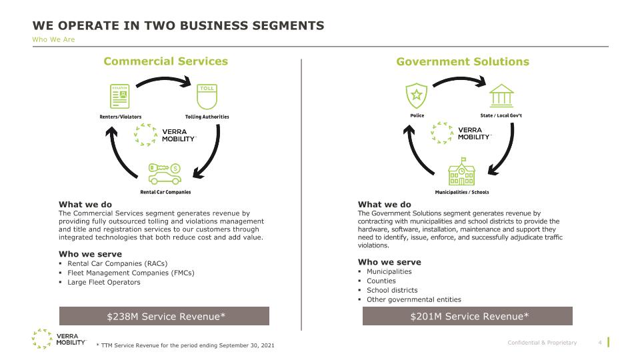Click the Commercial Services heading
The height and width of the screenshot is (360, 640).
point(166,61)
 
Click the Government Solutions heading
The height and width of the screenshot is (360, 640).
point(463,61)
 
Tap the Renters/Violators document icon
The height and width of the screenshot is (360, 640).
point(119,96)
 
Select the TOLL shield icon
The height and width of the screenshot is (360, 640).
point(207,97)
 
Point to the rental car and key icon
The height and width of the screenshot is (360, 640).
point(165,174)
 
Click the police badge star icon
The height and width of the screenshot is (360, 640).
point(416,95)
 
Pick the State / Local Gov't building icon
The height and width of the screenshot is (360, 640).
point(501,96)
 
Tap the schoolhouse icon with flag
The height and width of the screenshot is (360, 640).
point(461,171)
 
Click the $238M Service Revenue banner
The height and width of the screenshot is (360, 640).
point(164,316)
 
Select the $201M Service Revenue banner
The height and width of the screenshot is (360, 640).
point(467,316)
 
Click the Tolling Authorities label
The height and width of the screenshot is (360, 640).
point(207,117)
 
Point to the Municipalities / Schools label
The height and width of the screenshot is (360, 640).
point(461,192)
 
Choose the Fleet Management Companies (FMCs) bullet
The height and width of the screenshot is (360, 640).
point(131,273)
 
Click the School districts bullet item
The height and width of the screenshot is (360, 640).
point(392,290)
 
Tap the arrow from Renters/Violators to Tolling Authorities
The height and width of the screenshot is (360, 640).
point(163,80)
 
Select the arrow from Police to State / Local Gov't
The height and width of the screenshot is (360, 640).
point(459,81)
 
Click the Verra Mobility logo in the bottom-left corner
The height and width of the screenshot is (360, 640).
point(59,339)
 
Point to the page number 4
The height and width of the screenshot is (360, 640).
point(600,343)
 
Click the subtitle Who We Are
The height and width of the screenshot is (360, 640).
point(53,39)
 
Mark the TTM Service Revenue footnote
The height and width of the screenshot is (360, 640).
point(185,345)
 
